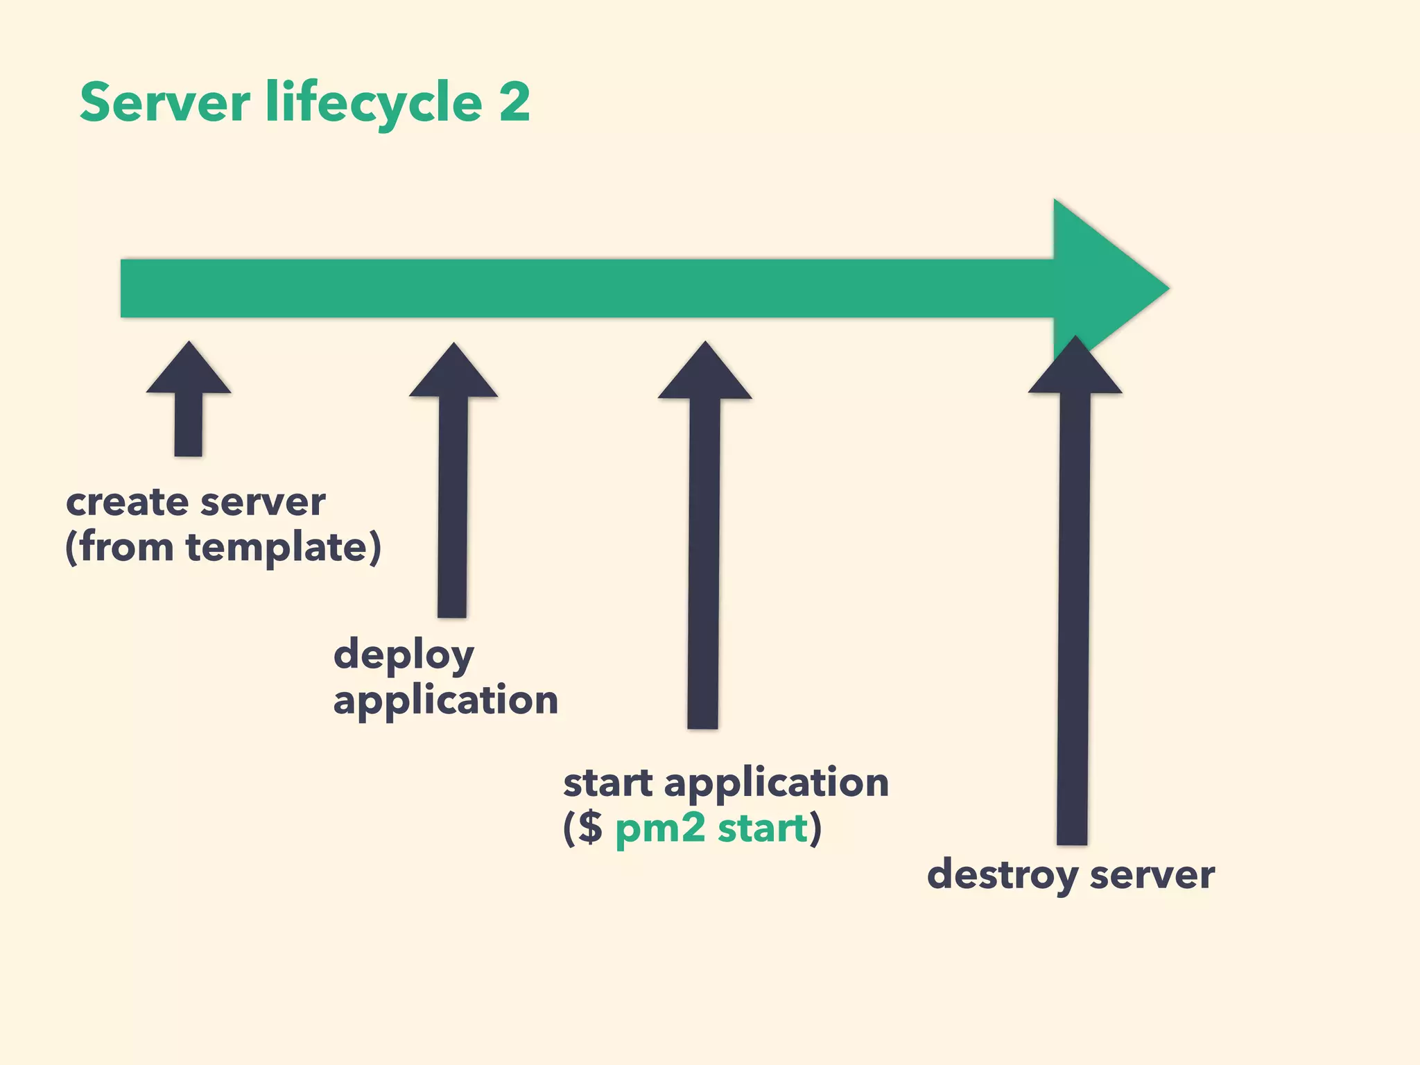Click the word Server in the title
[x=164, y=103]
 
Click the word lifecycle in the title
[x=374, y=104]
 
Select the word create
[x=128, y=502]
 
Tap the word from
[x=126, y=548]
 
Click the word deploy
[x=404, y=656]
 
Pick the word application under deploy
[x=445, y=700]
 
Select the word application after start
[x=776, y=783]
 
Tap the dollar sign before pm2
[x=590, y=828]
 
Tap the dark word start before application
[x=607, y=783]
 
